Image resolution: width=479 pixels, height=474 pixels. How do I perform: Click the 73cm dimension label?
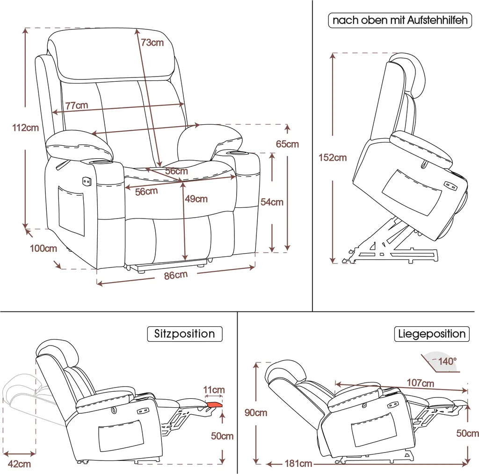[152, 42]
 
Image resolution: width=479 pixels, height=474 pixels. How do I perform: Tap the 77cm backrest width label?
[76, 106]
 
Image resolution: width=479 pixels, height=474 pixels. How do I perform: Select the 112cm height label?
[25, 127]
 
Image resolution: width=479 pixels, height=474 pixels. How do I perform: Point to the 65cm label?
[287, 144]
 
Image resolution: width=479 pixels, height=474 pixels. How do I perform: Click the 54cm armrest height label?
[272, 202]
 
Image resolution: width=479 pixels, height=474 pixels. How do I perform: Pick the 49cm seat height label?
[196, 199]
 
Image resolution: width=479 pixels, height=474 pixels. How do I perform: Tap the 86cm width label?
[175, 276]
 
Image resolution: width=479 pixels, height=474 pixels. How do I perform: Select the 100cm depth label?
[44, 248]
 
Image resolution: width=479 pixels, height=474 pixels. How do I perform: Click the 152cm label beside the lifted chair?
[333, 157]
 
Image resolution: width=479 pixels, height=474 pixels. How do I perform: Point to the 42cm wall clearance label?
[20, 464]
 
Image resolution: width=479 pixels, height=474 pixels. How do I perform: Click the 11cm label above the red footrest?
[214, 389]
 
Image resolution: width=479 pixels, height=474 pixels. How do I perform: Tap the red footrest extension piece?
[214, 404]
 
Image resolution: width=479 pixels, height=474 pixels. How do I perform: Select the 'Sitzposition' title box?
[184, 334]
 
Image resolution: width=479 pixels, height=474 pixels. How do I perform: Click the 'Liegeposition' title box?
[432, 334]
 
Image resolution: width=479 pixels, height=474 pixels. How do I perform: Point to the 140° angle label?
[447, 361]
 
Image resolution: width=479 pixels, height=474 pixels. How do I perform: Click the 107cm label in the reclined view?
[420, 383]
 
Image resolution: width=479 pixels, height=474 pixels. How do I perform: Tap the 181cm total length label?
[298, 464]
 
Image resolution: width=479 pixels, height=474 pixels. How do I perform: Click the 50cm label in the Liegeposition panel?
[467, 433]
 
